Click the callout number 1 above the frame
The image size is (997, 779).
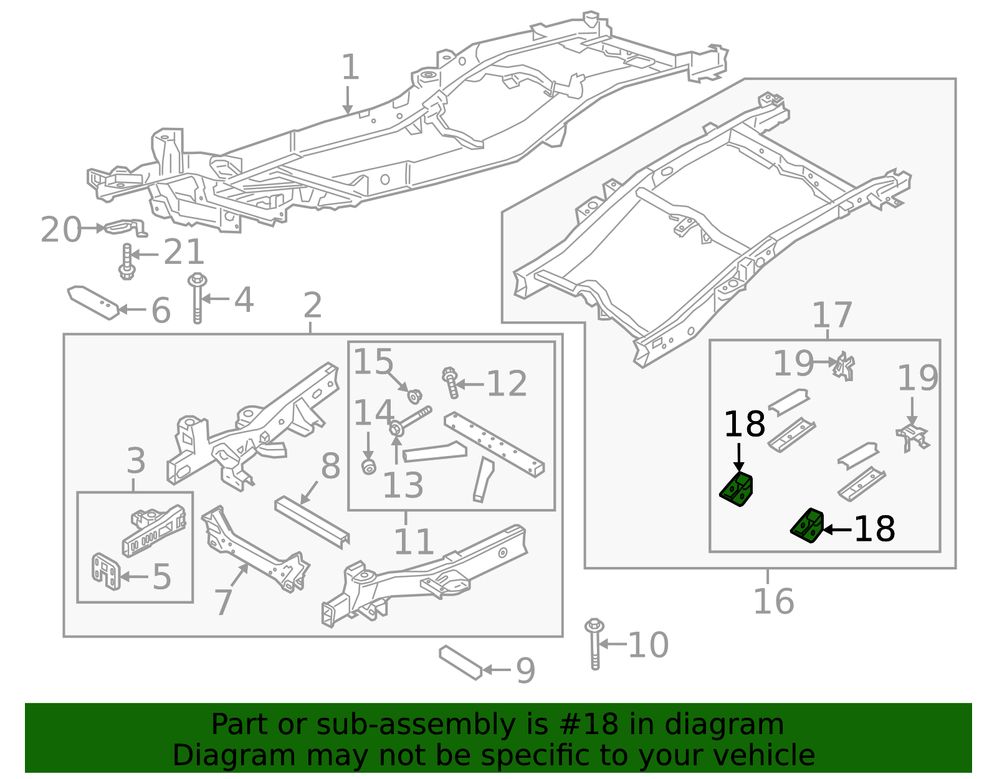[350, 67]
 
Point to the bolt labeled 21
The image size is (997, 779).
[126, 262]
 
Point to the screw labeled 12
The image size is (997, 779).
[451, 382]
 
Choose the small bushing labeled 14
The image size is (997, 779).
[369, 467]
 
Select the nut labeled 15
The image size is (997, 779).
[414, 395]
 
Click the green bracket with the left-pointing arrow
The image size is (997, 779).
[808, 526]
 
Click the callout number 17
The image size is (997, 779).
[832, 315]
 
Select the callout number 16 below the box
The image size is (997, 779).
[773, 601]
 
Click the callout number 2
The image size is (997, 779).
[312, 305]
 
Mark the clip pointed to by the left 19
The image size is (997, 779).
[845, 366]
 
